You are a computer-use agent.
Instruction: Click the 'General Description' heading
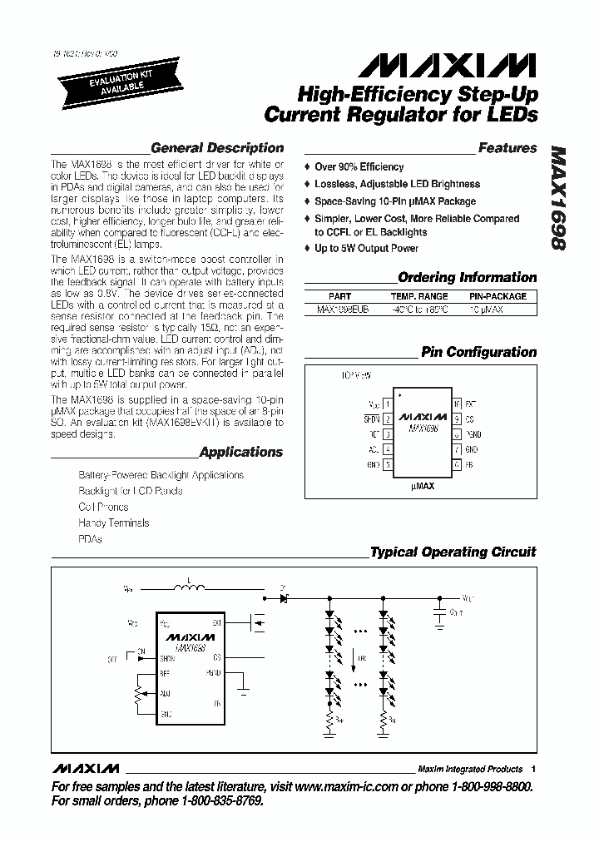[216, 148]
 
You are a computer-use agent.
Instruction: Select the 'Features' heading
[507, 148]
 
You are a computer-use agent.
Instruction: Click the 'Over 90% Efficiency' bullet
[359, 167]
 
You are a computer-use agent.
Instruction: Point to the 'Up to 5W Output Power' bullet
[366, 249]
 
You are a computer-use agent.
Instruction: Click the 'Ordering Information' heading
[467, 278]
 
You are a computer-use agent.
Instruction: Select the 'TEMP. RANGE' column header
[419, 296]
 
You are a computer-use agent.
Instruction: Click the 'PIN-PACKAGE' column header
[498, 296]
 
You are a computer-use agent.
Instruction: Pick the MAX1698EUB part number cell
[339, 309]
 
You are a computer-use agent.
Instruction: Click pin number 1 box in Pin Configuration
[388, 404]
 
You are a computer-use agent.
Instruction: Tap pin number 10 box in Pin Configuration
[457, 404]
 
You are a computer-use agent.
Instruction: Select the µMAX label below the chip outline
[422, 486]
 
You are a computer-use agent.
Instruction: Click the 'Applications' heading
[241, 453]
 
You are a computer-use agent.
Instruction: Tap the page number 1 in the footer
[533, 769]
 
